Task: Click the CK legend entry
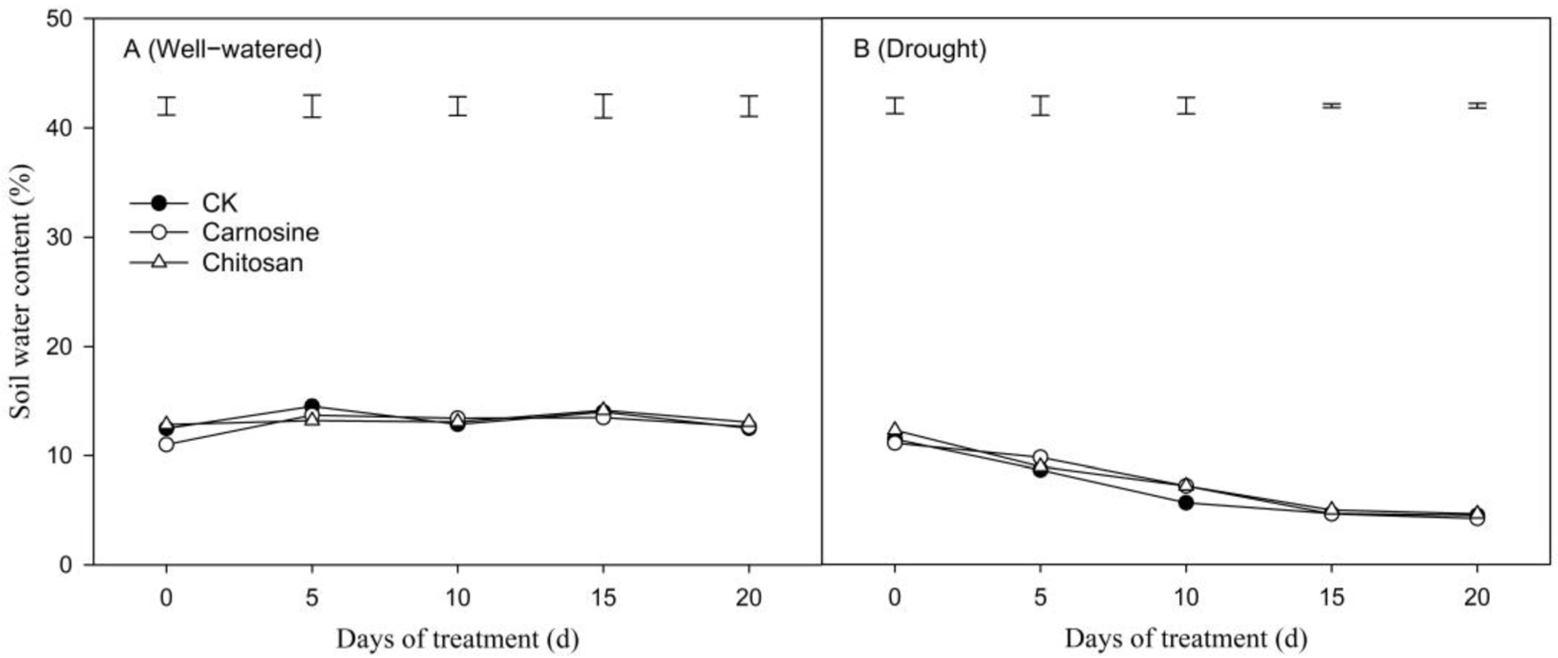point(219,203)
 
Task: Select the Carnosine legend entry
point(260,232)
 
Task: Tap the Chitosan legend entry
point(252,263)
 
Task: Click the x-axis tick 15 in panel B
point(1331,597)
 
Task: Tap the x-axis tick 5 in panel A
point(311,597)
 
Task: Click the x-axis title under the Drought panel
point(1186,638)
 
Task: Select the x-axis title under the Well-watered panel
point(457,638)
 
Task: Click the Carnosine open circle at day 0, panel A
point(166,445)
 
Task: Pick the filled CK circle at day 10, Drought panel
point(1186,502)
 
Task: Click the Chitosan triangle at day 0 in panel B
point(894,430)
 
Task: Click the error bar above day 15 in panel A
point(603,106)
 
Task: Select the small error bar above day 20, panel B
point(1478,105)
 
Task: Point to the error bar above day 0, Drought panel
point(894,105)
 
